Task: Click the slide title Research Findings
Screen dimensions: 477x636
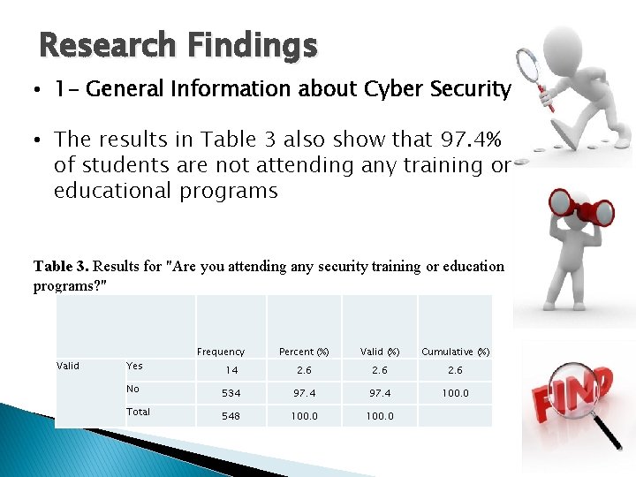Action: click(178, 45)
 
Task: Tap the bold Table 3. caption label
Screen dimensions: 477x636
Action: click(61, 266)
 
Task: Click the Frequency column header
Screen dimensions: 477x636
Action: click(221, 352)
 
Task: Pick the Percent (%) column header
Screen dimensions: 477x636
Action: click(304, 352)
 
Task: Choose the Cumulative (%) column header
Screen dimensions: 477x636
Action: click(455, 352)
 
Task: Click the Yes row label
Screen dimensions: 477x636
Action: click(134, 366)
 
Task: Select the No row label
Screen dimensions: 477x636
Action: click(132, 389)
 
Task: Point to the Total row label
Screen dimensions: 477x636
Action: click(138, 412)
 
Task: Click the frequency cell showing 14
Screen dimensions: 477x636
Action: click(231, 371)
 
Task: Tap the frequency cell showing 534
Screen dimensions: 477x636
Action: click(231, 393)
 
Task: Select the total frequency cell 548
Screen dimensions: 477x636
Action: click(231, 416)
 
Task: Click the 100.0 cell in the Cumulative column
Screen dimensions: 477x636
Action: click(455, 393)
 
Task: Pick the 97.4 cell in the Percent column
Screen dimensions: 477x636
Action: click(305, 393)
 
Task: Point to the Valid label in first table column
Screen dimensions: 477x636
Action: click(68, 366)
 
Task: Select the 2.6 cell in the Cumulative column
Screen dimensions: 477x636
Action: click(455, 371)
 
